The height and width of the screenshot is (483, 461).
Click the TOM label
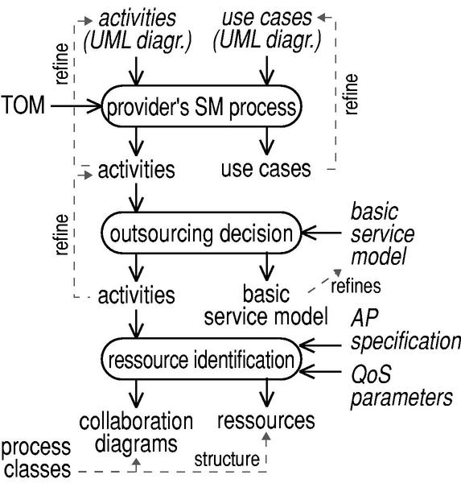[x=23, y=105]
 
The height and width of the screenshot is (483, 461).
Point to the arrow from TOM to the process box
[x=76, y=106]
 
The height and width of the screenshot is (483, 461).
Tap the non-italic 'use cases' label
[x=266, y=169]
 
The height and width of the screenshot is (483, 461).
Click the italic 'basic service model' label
[x=382, y=234]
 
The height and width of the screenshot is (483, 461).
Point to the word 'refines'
[x=356, y=286]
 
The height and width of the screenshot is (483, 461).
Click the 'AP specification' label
[x=405, y=329]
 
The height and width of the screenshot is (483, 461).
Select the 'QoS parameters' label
[x=401, y=386]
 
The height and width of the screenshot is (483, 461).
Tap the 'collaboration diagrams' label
[x=136, y=432]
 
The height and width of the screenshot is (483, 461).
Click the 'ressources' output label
[x=266, y=420]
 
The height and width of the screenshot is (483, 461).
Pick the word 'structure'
[x=227, y=460]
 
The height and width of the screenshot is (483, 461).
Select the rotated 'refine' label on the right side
[x=351, y=94]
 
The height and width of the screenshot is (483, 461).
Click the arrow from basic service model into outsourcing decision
[x=321, y=233]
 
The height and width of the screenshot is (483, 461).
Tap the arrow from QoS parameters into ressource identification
[x=320, y=371]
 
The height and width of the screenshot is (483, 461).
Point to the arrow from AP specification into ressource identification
[x=320, y=345]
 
